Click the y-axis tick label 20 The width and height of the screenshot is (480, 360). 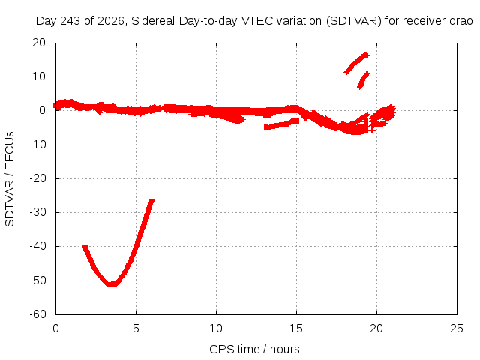pyautogui.click(x=39, y=43)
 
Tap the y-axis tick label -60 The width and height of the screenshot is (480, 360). pyautogui.click(x=37, y=314)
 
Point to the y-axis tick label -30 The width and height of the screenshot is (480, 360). pyautogui.click(x=37, y=212)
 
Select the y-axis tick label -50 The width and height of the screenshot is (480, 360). pyautogui.click(x=37, y=280)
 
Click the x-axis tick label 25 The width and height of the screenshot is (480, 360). pyautogui.click(x=457, y=328)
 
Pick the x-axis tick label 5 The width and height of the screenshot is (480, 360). pyautogui.click(x=136, y=328)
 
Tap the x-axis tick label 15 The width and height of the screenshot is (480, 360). pyautogui.click(x=296, y=328)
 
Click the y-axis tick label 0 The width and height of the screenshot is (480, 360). pyautogui.click(x=42, y=110)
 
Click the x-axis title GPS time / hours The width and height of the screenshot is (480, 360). pyautogui.click(x=254, y=349)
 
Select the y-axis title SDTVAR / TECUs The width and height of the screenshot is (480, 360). pyautogui.click(x=10, y=179)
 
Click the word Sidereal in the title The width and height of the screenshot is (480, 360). pyautogui.click(x=153, y=21)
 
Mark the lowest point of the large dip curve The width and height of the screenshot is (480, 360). pyautogui.click(x=112, y=284)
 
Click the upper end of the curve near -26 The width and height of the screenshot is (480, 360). pyautogui.click(x=151, y=200)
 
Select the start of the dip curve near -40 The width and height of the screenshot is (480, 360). pyautogui.click(x=85, y=247)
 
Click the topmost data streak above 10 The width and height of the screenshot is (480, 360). pyautogui.click(x=357, y=63)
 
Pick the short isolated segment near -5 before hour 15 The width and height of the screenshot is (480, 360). pyautogui.click(x=282, y=124)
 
